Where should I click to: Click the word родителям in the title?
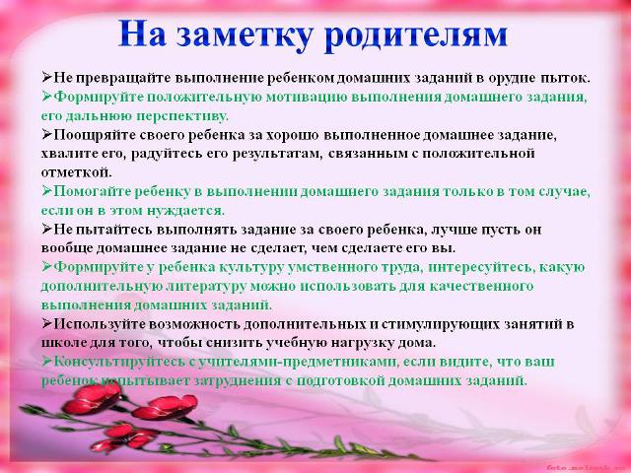(416, 34)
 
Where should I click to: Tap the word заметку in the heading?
(245, 34)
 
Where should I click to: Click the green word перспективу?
(181, 116)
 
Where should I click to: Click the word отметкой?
(77, 173)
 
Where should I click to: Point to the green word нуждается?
(185, 211)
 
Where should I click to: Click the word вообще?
(67, 248)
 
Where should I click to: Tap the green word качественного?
(481, 287)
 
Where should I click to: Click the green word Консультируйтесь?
(120, 362)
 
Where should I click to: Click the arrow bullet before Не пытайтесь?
(46, 229)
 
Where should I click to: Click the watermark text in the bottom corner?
(586, 468)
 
